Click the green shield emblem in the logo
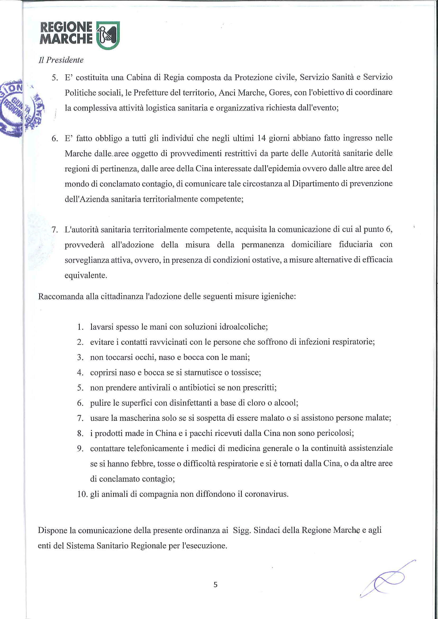tap(108, 35)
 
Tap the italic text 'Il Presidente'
tap(61, 60)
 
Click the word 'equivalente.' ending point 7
tap(86, 275)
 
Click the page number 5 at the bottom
tap(215, 585)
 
